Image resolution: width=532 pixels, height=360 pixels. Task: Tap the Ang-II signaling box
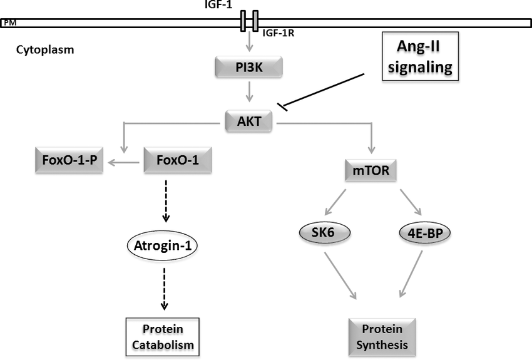pyautogui.click(x=421, y=58)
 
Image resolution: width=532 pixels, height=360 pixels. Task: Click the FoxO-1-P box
pyautogui.click(x=69, y=161)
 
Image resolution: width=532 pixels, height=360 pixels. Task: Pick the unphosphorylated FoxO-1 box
pyautogui.click(x=178, y=161)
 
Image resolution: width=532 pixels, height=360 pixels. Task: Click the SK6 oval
pyautogui.click(x=324, y=233)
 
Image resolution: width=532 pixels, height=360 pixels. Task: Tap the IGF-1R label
pyautogui.click(x=279, y=33)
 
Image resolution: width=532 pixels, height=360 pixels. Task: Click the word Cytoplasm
pyautogui.click(x=45, y=49)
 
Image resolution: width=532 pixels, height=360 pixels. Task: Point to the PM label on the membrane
pyautogui.click(x=9, y=23)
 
